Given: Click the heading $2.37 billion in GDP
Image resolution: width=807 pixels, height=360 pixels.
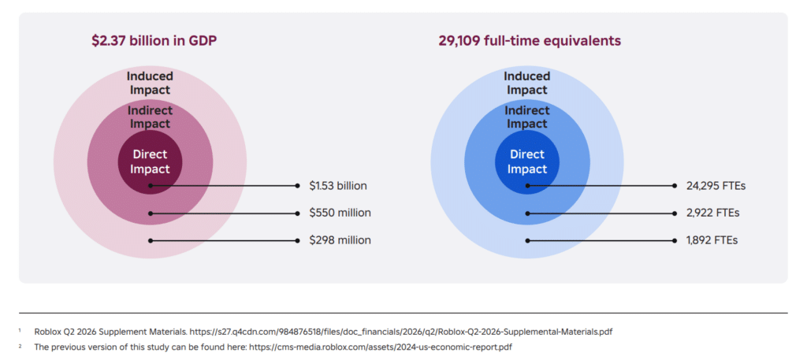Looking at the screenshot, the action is [154, 41].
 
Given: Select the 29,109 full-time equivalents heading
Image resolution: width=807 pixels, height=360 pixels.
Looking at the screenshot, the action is [530, 41].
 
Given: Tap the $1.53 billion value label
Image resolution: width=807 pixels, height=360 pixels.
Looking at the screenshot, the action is [338, 186].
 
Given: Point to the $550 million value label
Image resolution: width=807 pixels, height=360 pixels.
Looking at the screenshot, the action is [340, 213].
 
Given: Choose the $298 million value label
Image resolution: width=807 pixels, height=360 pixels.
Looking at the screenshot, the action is [340, 240].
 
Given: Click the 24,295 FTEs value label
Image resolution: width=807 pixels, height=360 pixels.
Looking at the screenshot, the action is [716, 186].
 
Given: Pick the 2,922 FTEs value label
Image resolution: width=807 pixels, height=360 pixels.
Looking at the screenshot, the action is [712, 213].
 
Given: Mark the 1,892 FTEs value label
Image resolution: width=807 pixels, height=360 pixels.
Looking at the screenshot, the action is [712, 240].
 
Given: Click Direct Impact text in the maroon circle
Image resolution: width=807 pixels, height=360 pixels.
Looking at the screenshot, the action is [151, 161].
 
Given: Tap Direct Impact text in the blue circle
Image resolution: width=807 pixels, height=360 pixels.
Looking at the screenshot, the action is [527, 161].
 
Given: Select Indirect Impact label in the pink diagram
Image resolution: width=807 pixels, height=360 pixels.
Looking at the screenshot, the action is [150, 117].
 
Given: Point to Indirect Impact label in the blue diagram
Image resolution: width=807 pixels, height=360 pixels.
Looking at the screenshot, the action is [527, 117].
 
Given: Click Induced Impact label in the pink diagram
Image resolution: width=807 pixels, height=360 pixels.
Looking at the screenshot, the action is [150, 83].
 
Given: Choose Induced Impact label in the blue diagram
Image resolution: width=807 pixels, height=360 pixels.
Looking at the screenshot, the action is [527, 83].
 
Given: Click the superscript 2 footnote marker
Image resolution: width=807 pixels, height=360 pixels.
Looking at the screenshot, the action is [20, 346].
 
